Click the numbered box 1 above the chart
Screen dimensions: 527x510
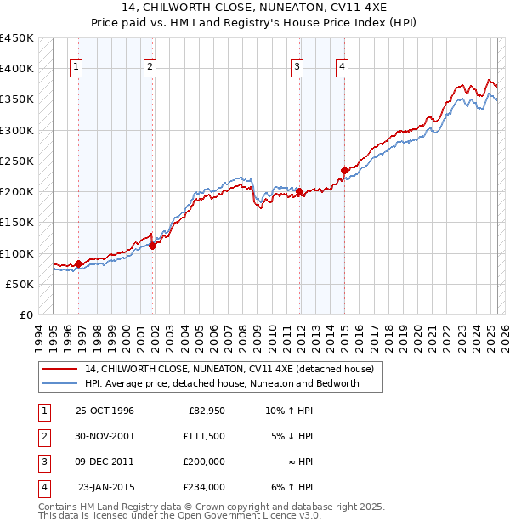point(76,68)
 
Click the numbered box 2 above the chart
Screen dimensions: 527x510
point(150,68)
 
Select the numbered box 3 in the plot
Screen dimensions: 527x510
point(297,68)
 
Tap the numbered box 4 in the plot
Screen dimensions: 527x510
point(341,68)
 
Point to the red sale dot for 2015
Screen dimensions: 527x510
point(344,170)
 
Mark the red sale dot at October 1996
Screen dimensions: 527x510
point(79,263)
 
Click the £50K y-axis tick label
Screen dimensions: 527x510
point(20,284)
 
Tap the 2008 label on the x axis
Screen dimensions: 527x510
point(243,336)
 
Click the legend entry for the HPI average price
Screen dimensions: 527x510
point(222,383)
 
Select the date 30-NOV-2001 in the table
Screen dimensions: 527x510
point(105,436)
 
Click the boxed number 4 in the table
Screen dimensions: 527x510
point(43,487)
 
